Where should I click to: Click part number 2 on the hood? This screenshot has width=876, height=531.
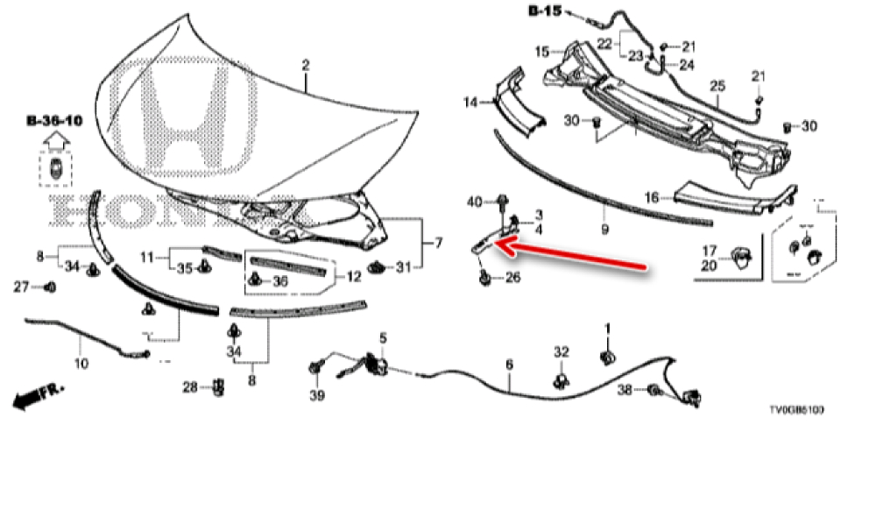pyautogui.click(x=306, y=65)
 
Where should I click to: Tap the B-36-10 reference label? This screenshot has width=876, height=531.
pyautogui.click(x=54, y=120)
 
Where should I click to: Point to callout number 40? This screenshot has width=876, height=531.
pyautogui.click(x=474, y=202)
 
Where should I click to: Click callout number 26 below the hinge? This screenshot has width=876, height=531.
pyautogui.click(x=512, y=279)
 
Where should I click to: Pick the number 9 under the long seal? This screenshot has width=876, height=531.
pyautogui.click(x=604, y=229)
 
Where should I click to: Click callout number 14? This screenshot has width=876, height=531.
pyautogui.click(x=471, y=103)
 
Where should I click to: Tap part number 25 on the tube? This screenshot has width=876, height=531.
pyautogui.click(x=717, y=86)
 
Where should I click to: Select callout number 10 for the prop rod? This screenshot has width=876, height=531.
pyautogui.click(x=81, y=362)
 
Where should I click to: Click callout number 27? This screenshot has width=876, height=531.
pyautogui.click(x=24, y=286)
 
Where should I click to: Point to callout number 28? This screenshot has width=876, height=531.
pyautogui.click(x=190, y=386)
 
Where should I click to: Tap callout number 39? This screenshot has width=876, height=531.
pyautogui.click(x=316, y=396)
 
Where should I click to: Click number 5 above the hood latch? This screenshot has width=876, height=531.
pyautogui.click(x=382, y=337)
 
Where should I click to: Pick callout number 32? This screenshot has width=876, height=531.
pyautogui.click(x=561, y=351)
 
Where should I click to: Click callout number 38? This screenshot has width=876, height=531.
pyautogui.click(x=625, y=391)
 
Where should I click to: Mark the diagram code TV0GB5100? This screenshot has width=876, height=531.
pyautogui.click(x=796, y=410)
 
